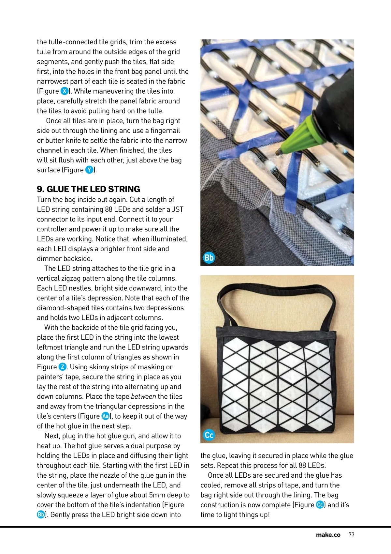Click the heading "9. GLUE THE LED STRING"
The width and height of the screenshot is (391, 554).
88,189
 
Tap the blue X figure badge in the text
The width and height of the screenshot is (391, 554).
65,91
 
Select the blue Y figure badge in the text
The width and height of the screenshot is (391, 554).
89,170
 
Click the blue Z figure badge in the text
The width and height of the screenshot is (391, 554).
62,367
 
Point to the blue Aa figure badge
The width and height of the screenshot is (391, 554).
106,416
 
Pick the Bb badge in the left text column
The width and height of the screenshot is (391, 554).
41,515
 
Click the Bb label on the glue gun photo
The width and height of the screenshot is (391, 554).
209,258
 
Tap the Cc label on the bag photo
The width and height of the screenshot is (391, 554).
209,435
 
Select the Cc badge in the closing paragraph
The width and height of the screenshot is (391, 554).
320,505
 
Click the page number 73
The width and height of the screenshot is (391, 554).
351,534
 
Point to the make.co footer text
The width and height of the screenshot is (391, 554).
328,535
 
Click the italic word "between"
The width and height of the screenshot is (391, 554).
143,396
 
